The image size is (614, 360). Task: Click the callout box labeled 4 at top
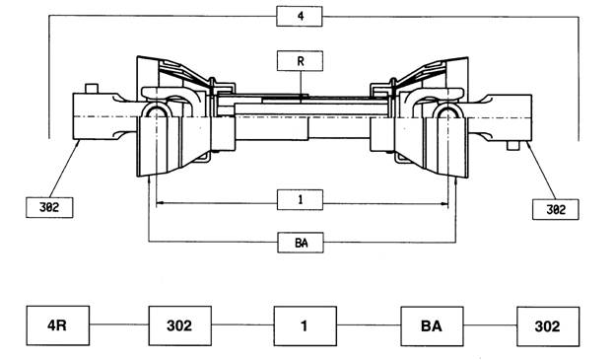pyautogui.click(x=300, y=17)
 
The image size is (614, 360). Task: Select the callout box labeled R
pyautogui.click(x=300, y=61)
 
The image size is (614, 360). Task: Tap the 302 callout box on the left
pyautogui.click(x=49, y=207)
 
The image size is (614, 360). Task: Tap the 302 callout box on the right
pyautogui.click(x=555, y=209)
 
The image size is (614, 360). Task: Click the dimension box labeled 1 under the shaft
pyautogui.click(x=300, y=200)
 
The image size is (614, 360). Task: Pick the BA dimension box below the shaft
pyautogui.click(x=301, y=243)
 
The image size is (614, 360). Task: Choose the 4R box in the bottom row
pyautogui.click(x=57, y=325)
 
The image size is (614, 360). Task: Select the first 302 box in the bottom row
pyautogui.click(x=179, y=325)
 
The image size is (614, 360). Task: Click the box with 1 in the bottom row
pyautogui.click(x=306, y=325)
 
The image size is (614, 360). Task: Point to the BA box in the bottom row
pyautogui.click(x=432, y=326)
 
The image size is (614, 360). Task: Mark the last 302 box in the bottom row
pyautogui.click(x=548, y=326)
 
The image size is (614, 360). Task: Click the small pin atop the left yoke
pyautogui.click(x=92, y=88)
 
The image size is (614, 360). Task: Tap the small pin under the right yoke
pyautogui.click(x=512, y=145)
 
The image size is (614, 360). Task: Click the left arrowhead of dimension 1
pyautogui.click(x=160, y=203)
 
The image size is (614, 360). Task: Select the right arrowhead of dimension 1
pyautogui.click(x=444, y=203)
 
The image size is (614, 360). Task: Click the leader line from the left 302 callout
pyautogui.click(x=64, y=170)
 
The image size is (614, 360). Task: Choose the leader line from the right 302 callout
pyautogui.click(x=541, y=171)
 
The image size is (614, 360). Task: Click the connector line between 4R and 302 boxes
pyautogui.click(x=118, y=324)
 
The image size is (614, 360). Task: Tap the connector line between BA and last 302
pyautogui.click(x=490, y=325)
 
